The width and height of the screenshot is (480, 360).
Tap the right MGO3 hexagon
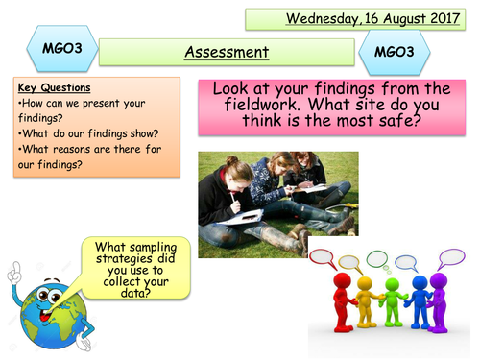click(x=396, y=49)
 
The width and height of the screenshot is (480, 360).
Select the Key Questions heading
click(x=46, y=86)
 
